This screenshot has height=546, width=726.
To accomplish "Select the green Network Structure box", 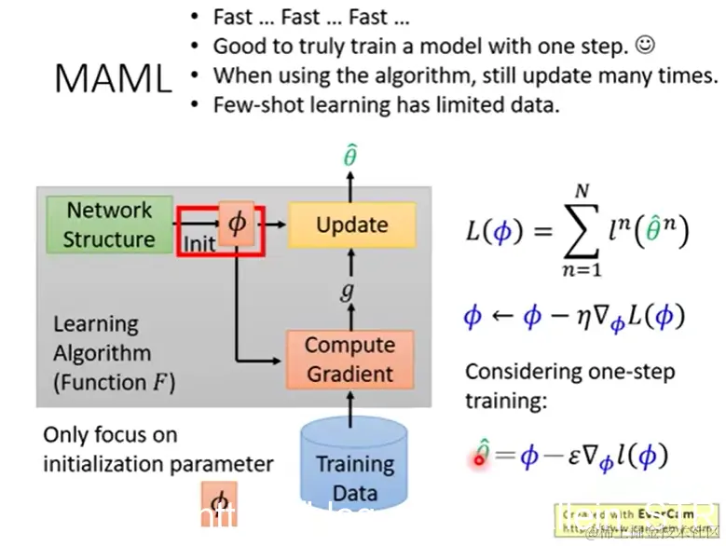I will click(109, 225).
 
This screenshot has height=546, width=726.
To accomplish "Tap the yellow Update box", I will click(351, 225).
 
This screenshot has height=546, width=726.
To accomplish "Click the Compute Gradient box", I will click(349, 360).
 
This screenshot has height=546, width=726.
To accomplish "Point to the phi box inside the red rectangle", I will click(236, 225).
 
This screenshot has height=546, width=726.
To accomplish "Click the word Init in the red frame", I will click(199, 244).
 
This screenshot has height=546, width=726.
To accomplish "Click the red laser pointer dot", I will click(481, 457).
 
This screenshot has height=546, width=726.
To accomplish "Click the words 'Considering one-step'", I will click(569, 372).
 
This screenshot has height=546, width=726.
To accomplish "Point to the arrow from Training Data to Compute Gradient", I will click(351, 406).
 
